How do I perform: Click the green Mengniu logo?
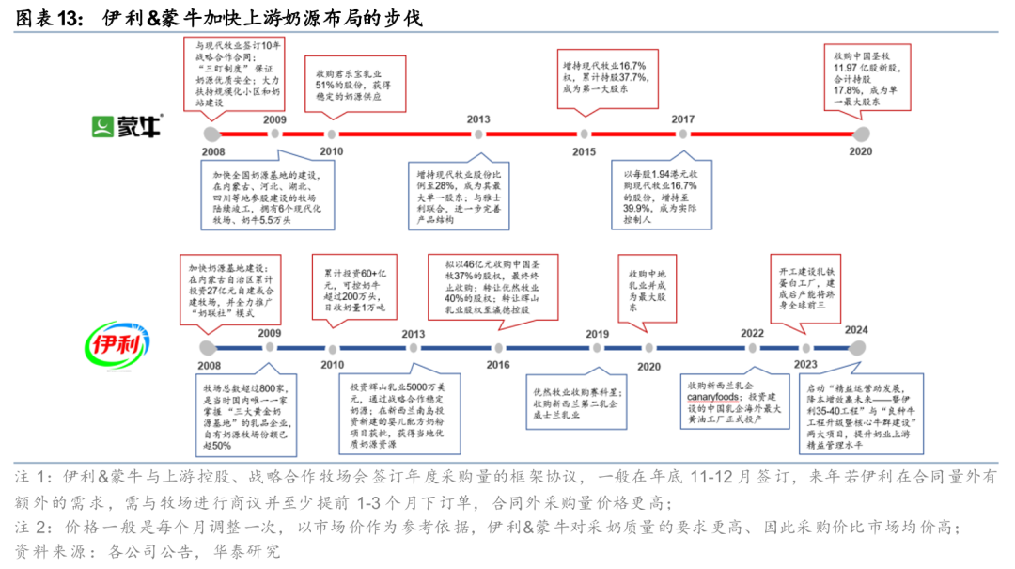tap(125, 127)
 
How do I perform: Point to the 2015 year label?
tap(584, 151)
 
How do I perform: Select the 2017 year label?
tap(682, 119)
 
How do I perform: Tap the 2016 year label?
tap(498, 365)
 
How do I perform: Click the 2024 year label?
tap(855, 330)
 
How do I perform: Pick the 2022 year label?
tap(752, 333)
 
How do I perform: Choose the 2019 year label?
tap(597, 334)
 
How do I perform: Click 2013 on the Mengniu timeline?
tap(478, 119)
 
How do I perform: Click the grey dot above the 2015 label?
tap(584, 134)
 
